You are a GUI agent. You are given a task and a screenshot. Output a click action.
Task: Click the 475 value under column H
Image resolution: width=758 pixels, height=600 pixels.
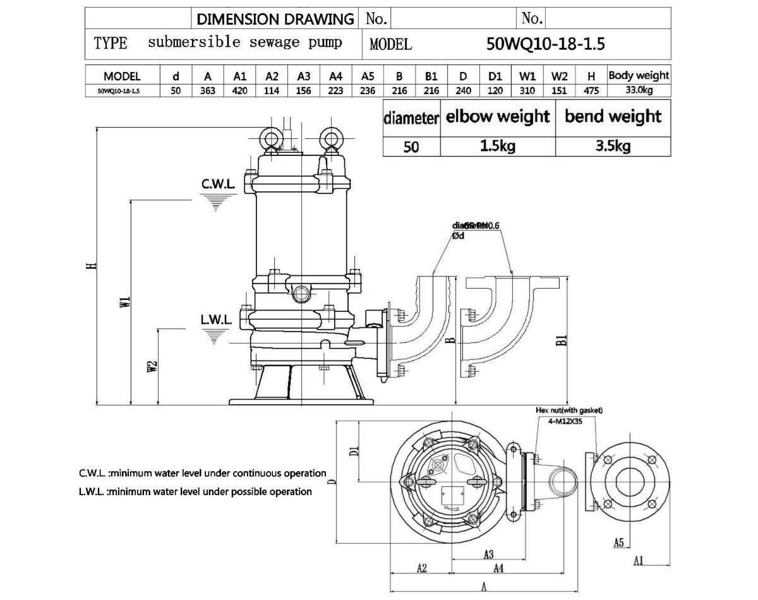[591, 90]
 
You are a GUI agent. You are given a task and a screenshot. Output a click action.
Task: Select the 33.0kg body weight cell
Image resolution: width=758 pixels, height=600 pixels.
[639, 90]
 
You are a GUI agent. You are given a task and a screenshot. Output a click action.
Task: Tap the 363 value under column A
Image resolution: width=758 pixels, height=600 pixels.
[208, 90]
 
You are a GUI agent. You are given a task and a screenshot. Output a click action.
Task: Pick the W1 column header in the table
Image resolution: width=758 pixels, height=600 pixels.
[527, 76]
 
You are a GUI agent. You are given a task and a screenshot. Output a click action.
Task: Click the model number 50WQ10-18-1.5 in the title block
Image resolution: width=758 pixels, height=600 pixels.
[546, 44]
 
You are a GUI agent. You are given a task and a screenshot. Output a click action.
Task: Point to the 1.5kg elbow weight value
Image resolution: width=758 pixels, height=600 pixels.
[497, 147]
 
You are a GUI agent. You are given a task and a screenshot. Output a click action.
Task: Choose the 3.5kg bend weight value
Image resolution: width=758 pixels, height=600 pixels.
[613, 147]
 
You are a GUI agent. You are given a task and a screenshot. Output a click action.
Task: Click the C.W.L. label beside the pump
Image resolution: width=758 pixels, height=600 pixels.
[218, 184]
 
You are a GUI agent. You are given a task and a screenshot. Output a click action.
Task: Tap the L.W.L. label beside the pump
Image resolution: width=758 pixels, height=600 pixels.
[216, 320]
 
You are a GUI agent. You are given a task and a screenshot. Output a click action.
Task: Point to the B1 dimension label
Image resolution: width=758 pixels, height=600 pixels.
[561, 341]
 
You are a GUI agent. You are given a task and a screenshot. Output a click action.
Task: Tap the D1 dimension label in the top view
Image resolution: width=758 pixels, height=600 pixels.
[354, 451]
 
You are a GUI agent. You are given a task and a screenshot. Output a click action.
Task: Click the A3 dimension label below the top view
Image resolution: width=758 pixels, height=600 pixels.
[488, 555]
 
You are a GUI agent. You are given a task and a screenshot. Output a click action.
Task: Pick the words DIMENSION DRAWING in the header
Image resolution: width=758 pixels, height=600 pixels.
[275, 19]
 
